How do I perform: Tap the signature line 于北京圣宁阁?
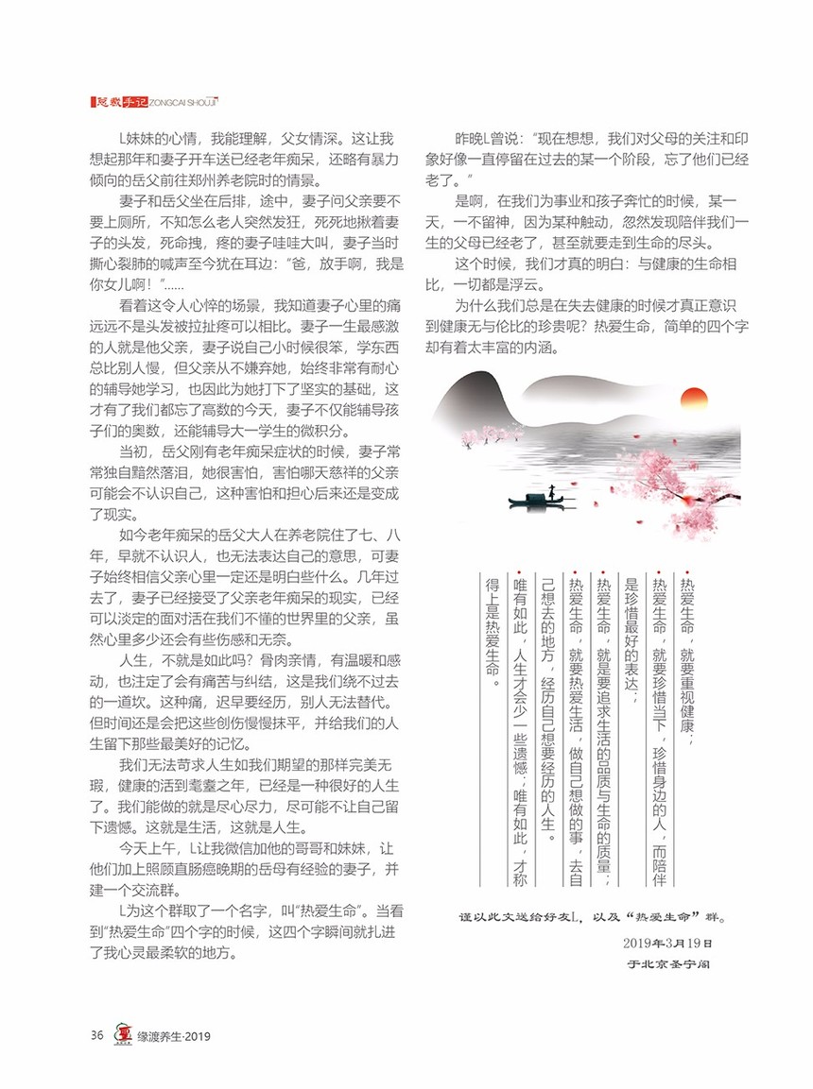click(669, 965)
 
